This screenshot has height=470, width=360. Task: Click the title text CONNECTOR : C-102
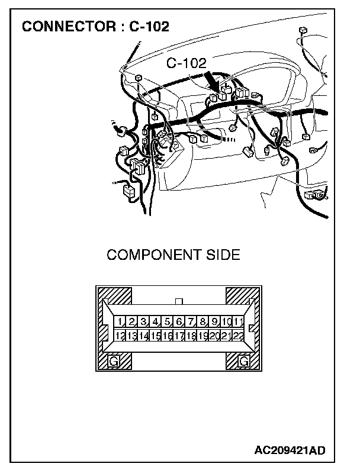click(95, 27)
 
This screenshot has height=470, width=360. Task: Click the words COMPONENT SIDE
click(173, 255)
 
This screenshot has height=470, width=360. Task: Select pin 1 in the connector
click(120, 322)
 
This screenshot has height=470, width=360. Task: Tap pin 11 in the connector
click(238, 322)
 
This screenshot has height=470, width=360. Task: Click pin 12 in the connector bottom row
click(120, 336)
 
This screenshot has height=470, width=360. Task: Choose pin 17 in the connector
click(179, 336)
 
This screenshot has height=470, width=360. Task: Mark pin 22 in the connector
click(238, 336)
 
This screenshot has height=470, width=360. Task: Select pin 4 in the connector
click(156, 322)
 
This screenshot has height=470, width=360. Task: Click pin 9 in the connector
click(214, 322)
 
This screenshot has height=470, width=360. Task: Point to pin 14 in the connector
click(144, 336)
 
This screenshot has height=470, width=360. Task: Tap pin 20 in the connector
click(214, 336)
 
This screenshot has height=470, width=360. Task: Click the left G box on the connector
click(114, 360)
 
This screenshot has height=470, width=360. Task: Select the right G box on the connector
click(243, 360)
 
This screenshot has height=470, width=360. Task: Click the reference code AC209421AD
click(290, 451)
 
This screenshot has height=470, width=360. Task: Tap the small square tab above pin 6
click(179, 301)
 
